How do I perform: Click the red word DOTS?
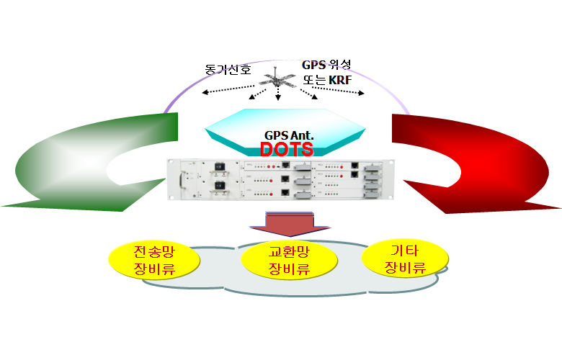286,149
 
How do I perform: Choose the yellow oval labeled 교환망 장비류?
288,261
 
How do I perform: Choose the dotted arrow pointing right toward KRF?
339,89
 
